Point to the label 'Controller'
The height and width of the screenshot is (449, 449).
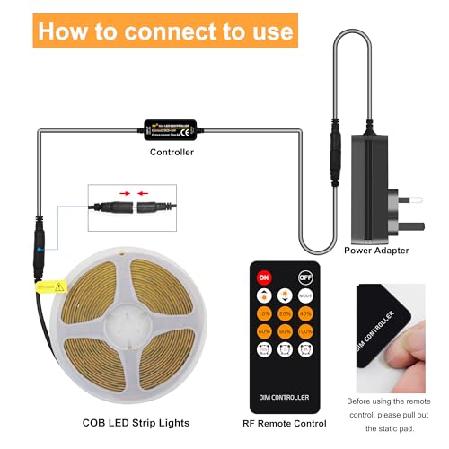click(x=172, y=153)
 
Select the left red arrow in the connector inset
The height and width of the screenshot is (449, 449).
click(x=121, y=192)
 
